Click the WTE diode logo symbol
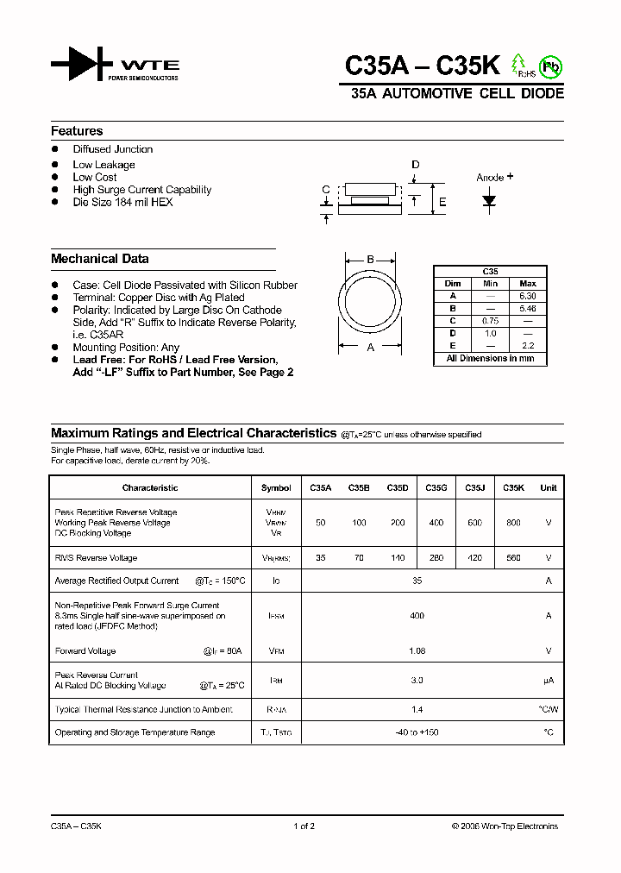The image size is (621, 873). [82, 65]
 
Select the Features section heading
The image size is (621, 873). [77, 131]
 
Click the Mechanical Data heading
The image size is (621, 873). [99, 259]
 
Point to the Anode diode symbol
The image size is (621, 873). [490, 201]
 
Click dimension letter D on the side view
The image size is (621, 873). [415, 165]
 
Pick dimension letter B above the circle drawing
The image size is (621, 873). [370, 260]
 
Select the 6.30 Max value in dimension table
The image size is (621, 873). [528, 296]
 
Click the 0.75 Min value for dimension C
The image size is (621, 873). [490, 320]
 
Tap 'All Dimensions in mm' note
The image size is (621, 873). [490, 358]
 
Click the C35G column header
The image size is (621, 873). [436, 487]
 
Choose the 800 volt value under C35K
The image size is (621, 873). [514, 523]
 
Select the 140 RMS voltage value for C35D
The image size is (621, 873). [397, 558]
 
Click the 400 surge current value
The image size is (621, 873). [417, 616]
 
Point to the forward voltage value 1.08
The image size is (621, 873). [417, 651]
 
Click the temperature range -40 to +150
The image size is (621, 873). [417, 732]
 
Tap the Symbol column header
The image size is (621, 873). [276, 487]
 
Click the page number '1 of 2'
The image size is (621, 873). [304, 826]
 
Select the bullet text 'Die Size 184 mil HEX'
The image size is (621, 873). [122, 202]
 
